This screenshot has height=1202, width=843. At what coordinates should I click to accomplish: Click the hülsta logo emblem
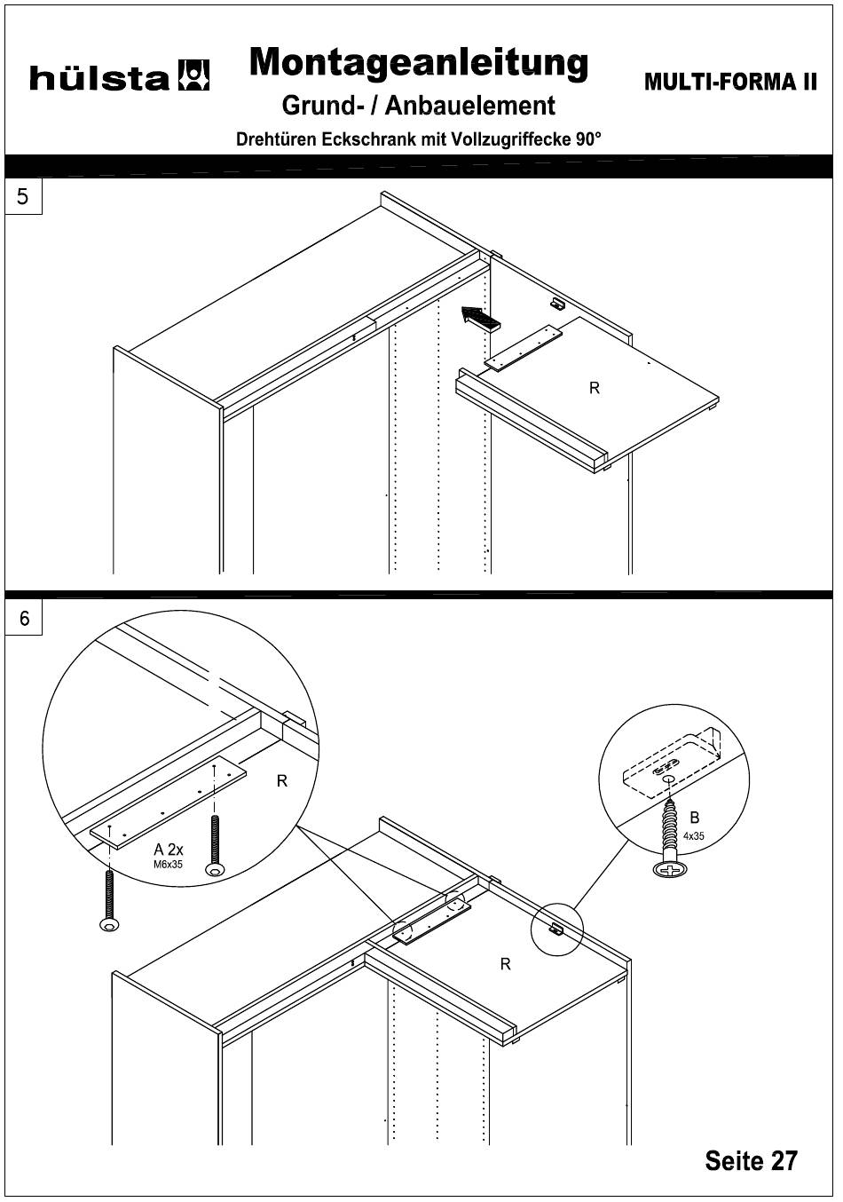[x=194, y=76]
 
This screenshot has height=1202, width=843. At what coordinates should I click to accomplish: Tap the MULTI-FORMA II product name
[x=729, y=82]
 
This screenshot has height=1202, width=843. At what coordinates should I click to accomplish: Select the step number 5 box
[x=24, y=196]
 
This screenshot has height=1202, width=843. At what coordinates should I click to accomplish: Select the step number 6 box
[x=24, y=618]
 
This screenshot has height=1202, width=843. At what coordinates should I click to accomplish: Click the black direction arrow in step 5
[x=480, y=317]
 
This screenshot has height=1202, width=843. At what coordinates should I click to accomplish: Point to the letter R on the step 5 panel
[x=595, y=388]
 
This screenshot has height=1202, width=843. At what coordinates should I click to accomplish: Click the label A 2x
[x=169, y=849]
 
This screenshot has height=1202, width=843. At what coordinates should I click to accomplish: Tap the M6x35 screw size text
[x=168, y=864]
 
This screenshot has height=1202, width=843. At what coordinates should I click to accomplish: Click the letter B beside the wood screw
[x=695, y=817]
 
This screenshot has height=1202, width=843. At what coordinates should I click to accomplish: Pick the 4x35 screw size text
[x=693, y=835]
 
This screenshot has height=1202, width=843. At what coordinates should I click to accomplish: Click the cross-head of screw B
[x=672, y=872]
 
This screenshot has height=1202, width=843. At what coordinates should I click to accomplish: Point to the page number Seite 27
[x=751, y=1160]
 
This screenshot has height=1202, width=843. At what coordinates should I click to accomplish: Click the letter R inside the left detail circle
[x=281, y=781]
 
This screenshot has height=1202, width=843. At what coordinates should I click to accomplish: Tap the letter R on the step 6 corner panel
[x=505, y=964]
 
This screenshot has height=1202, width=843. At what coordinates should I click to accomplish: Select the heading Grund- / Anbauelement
[x=418, y=107]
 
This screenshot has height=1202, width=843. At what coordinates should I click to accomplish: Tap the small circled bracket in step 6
[x=556, y=929]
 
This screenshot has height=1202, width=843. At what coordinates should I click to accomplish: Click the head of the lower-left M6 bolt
[x=109, y=926]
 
